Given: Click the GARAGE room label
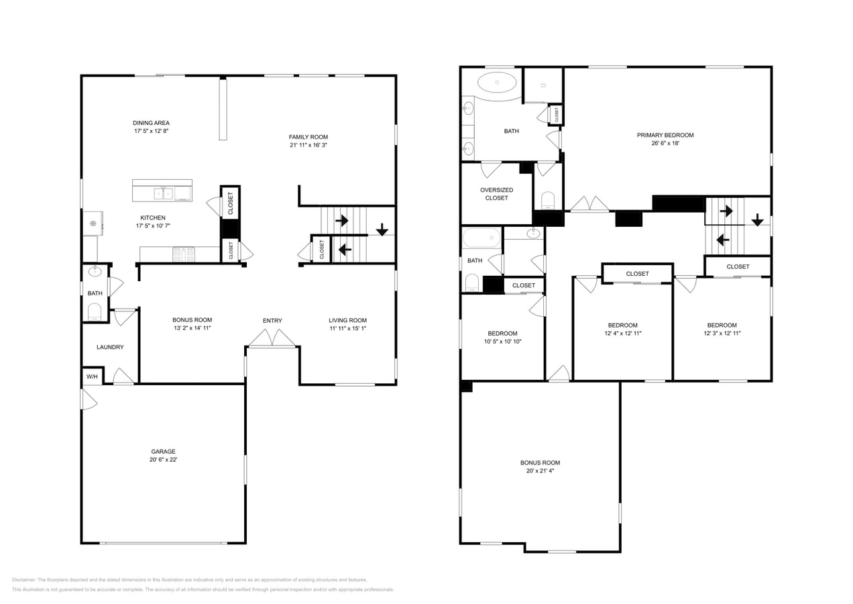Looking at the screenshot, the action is [x=163, y=451].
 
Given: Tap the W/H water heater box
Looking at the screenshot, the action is [x=92, y=376].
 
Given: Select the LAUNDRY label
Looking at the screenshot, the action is [x=110, y=347].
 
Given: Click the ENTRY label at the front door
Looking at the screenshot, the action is [x=272, y=321].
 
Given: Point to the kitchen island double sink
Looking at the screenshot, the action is [x=164, y=193].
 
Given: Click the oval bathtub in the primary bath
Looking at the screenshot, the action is [x=497, y=83].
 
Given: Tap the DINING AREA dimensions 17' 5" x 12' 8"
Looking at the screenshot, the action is [x=151, y=131].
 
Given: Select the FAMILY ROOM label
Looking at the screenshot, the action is [x=308, y=137].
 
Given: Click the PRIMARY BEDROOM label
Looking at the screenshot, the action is [x=665, y=135].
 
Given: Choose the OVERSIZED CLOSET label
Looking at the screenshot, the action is [x=496, y=193].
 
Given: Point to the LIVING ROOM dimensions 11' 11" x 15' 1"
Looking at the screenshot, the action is [x=347, y=328].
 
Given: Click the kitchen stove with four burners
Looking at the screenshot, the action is [x=184, y=254].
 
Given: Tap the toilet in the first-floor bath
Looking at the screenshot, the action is [x=94, y=312].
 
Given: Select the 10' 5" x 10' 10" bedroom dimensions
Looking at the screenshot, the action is [x=503, y=342].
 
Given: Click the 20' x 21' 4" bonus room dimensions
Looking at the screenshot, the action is [x=540, y=470].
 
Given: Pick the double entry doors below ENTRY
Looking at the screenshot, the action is [x=272, y=338].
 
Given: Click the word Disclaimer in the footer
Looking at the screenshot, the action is [x=23, y=580].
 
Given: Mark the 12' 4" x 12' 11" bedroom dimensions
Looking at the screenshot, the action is [x=622, y=333].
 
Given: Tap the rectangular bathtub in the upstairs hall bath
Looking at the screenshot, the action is [x=481, y=238].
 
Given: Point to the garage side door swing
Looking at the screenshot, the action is [x=89, y=399].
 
